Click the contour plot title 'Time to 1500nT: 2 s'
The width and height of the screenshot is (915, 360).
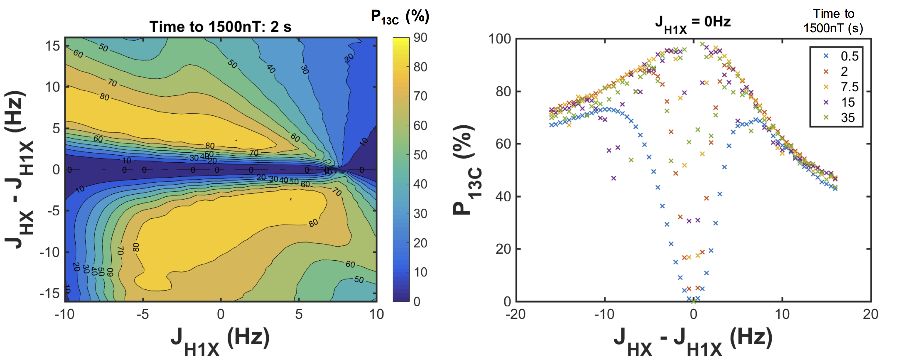pyautogui.click(x=220, y=27)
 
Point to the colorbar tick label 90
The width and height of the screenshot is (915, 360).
pyautogui.click(x=420, y=38)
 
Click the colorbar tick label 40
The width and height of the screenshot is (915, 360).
pyautogui.click(x=420, y=184)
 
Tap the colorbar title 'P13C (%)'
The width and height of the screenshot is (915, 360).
pyautogui.click(x=400, y=17)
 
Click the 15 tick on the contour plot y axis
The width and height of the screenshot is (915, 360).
pyautogui.click(x=52, y=46)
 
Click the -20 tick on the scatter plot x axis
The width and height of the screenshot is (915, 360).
pyautogui.click(x=515, y=314)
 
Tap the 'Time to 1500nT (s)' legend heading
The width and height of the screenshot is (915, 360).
pyautogui.click(x=833, y=21)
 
